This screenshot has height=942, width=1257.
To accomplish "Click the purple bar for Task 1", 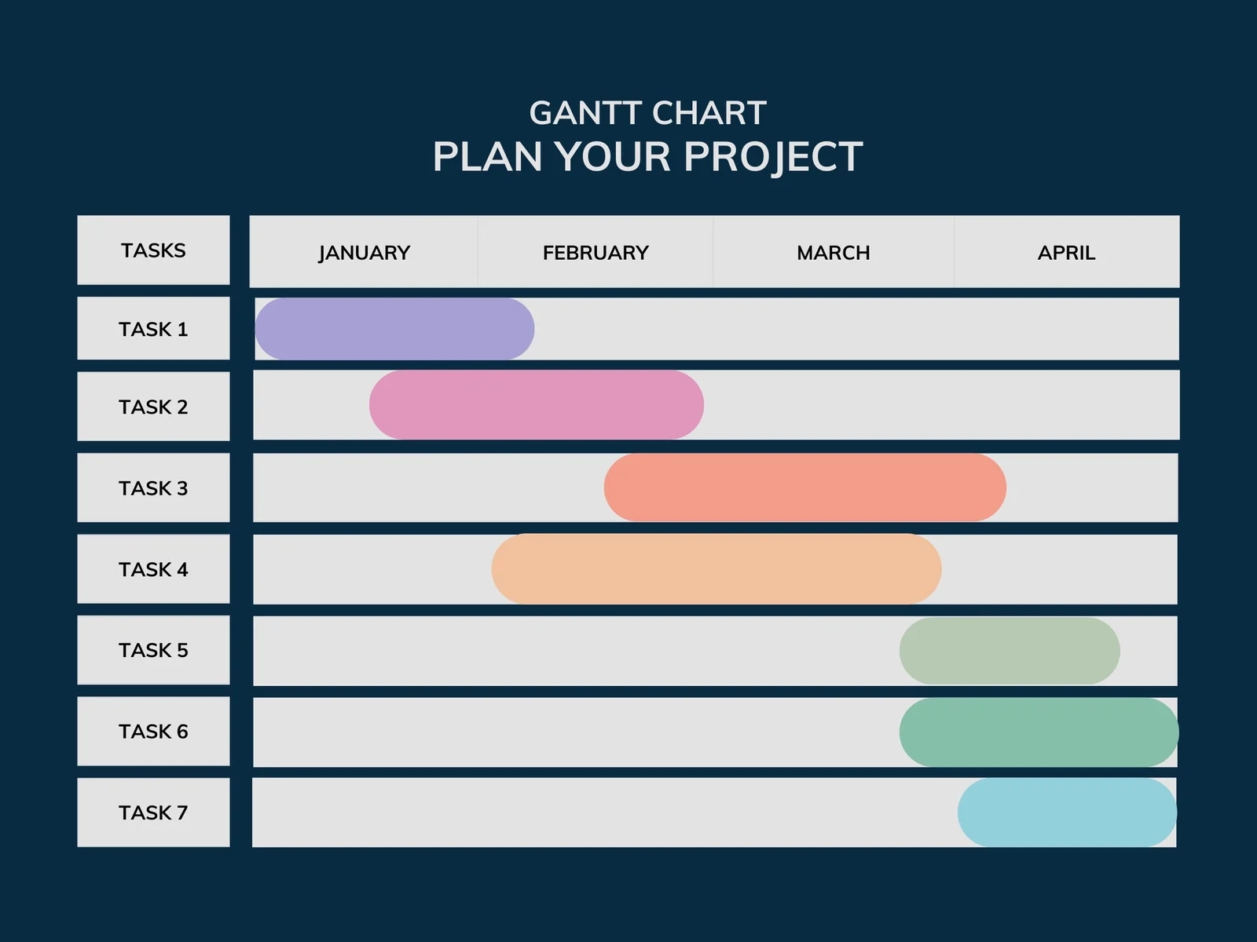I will [x=394, y=329].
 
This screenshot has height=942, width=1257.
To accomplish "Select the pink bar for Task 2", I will [x=537, y=405].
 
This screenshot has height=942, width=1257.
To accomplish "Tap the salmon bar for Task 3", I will [x=804, y=487].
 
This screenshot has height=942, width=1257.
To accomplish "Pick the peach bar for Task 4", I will [x=716, y=569].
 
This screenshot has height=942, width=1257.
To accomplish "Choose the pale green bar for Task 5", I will [x=1010, y=651].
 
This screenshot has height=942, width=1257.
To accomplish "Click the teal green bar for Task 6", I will [x=1039, y=732].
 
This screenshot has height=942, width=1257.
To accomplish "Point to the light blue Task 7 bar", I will [x=1067, y=812].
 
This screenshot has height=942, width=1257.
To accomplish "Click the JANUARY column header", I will [x=364, y=253].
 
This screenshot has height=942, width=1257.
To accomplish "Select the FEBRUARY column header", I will [x=596, y=253].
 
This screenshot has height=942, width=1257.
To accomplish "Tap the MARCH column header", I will [x=834, y=253].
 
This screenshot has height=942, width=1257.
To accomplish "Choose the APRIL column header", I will [x=1066, y=253].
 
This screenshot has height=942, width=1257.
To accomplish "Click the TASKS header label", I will [x=153, y=250].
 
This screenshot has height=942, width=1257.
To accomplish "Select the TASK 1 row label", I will [x=153, y=329].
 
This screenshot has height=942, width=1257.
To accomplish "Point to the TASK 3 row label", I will [x=153, y=488].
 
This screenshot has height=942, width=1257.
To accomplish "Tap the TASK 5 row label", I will [x=153, y=650].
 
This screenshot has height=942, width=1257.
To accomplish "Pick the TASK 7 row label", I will [x=153, y=812].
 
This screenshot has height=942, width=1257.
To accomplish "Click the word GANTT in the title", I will [x=585, y=113].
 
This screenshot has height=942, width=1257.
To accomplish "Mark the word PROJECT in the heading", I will [x=773, y=157].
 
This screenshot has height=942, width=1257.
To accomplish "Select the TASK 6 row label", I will [x=153, y=732].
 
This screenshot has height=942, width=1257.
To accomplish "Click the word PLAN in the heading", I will [x=488, y=157].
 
